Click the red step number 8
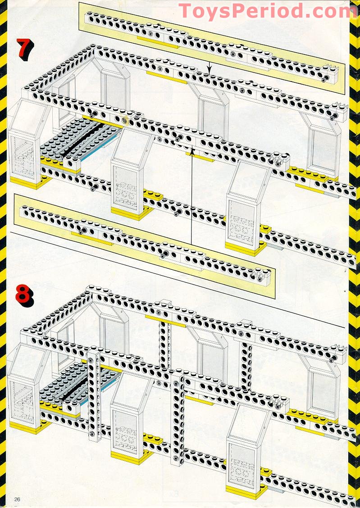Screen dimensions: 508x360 click(x=25, y=294)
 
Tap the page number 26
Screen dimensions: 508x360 click(x=18, y=499)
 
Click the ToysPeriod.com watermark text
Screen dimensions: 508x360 click(x=268, y=11)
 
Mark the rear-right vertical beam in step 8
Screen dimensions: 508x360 click(x=246, y=356)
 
